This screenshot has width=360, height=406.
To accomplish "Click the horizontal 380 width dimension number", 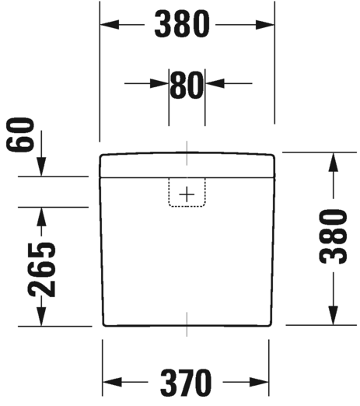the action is tap(182, 25).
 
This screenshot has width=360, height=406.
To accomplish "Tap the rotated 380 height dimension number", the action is tap(333, 236).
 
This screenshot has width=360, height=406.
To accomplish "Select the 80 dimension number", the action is tap(187, 84).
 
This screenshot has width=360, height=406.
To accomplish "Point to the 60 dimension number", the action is tap(20, 135).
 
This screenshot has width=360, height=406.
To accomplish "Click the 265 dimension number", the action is tap(41, 270).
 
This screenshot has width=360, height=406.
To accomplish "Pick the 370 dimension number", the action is tap(186, 383).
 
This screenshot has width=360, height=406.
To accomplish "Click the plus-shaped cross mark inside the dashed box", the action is tap(187, 194).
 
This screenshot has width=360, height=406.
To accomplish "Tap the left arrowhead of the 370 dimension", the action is tap(112, 382).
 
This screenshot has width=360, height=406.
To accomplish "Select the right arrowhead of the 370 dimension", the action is tap(259, 382).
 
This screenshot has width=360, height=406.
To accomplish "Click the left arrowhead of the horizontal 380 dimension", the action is tap(110, 25).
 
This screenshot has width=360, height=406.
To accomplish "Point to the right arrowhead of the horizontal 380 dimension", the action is tap(265, 25).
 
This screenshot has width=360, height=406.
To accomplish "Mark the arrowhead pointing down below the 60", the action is tap(41, 166).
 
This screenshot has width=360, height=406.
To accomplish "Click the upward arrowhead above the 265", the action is tap(41, 217).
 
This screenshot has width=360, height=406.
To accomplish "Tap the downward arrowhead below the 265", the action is tap(41, 317).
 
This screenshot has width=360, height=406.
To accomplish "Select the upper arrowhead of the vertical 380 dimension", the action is tap(334, 162).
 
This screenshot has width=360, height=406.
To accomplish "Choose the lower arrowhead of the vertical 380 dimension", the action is tap(334, 315).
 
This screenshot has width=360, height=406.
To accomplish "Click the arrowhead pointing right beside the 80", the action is tap(159, 83).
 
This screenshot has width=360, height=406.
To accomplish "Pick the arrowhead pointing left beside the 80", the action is tap(215, 83).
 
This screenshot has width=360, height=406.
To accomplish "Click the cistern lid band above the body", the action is tap(187, 165).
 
